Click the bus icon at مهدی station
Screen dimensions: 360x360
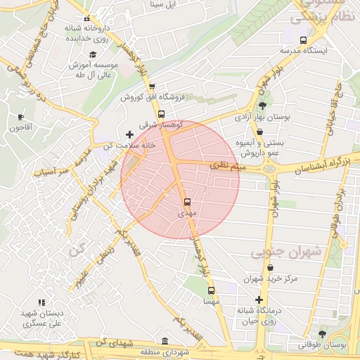pyautogui.click(x=186, y=201)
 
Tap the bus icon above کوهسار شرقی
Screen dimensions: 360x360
pyautogui.click(x=161, y=114)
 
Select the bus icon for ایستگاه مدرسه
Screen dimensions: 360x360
pyautogui.click(x=303, y=40)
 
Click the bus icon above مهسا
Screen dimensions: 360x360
pyautogui.click(x=210, y=290)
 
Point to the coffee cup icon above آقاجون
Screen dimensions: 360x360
pyautogui.click(x=20, y=117)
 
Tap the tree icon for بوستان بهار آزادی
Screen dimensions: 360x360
pyautogui.click(x=262, y=105)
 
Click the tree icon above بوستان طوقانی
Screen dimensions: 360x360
pyautogui.click(x=322, y=334)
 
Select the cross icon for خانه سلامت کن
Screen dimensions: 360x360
pyautogui.click(x=129, y=134)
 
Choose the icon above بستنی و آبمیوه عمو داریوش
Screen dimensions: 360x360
pyautogui.click(x=259, y=131)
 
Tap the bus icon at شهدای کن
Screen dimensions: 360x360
pyautogui.click(x=165, y=340)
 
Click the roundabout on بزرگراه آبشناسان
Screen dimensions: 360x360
pyautogui.click(x=269, y=169)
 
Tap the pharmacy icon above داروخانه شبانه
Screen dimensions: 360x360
pyautogui.click(x=86, y=19)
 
